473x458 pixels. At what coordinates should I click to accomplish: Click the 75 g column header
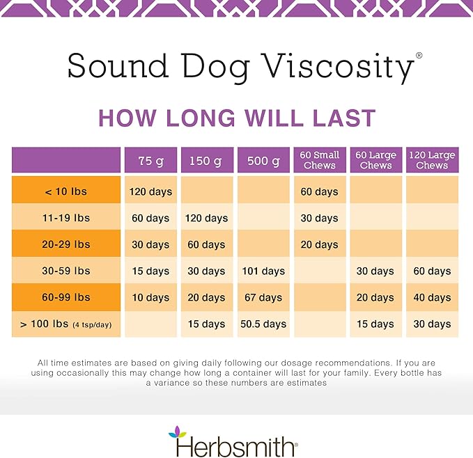click(151, 161)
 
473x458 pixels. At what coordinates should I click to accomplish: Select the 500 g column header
click(263, 161)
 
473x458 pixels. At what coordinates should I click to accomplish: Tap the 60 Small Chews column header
click(320, 160)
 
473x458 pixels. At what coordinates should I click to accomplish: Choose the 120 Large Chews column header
click(432, 160)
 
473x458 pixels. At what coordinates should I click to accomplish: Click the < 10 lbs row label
click(66, 191)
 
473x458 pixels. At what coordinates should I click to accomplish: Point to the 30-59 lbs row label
click(66, 271)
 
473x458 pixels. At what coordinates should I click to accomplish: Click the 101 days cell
click(263, 271)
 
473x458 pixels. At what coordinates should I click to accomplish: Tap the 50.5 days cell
click(263, 324)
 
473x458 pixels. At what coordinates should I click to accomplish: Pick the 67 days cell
click(263, 297)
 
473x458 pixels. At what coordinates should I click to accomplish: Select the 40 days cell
click(432, 297)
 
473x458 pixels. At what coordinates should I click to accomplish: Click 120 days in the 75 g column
click(151, 191)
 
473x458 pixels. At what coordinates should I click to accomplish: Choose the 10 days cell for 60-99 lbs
click(151, 297)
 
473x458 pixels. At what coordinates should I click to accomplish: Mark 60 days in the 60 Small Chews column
click(320, 191)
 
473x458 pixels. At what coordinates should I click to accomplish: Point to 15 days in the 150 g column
click(208, 324)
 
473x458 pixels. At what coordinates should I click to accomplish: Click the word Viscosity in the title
click(335, 68)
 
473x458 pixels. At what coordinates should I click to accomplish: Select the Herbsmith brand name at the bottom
click(237, 445)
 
